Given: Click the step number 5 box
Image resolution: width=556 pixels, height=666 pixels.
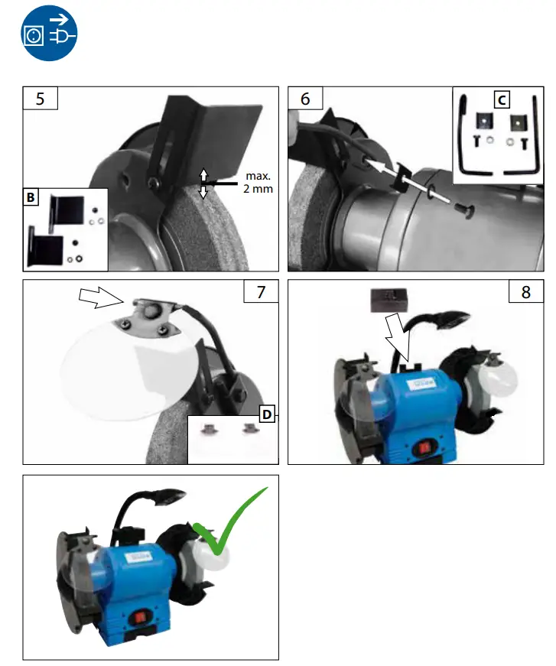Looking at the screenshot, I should pyautogui.click(x=40, y=99).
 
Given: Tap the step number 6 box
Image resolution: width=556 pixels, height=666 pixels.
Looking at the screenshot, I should pyautogui.click(x=305, y=99).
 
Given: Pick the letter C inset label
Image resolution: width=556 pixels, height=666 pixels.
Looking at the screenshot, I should pyautogui.click(x=501, y=99).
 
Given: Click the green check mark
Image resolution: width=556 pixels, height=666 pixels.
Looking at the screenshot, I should pyautogui.click(x=230, y=523).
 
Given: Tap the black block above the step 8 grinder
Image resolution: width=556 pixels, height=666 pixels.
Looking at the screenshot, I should pyautogui.click(x=389, y=299).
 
